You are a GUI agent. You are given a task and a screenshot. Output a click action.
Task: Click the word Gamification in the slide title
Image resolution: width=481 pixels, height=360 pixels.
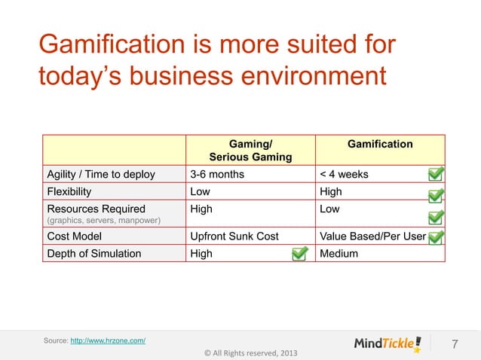(x=103, y=44)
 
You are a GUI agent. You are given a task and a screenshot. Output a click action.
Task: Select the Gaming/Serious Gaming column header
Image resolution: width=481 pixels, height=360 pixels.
(x=250, y=150)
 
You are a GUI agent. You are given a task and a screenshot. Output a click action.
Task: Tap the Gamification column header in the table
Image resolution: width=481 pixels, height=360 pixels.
(x=380, y=143)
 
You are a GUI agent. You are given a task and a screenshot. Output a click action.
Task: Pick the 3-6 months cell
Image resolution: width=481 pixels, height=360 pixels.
(x=217, y=175)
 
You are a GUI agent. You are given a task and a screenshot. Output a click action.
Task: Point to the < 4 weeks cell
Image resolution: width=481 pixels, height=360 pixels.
(x=345, y=175)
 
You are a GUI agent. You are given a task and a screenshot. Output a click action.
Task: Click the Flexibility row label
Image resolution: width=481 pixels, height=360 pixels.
(x=72, y=191)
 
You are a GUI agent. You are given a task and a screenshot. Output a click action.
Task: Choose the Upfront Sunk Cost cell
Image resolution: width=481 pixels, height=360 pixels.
(x=234, y=236)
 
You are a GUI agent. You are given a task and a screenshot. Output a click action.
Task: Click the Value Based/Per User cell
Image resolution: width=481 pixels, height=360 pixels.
(x=373, y=236)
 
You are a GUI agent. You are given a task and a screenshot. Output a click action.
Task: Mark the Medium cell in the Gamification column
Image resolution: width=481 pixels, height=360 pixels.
(x=339, y=253)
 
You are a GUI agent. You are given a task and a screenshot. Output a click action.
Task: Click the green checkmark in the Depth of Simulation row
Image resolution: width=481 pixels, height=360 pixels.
(x=299, y=253)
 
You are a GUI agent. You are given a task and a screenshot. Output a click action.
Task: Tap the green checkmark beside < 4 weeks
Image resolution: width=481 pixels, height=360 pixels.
(x=436, y=175)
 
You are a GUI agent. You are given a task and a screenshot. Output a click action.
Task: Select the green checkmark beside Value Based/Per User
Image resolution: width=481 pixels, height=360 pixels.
(x=436, y=238)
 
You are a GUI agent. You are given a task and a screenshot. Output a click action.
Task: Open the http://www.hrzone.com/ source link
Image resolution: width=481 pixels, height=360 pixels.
(x=108, y=342)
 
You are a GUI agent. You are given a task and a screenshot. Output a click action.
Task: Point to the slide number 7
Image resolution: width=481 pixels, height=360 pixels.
(x=455, y=345)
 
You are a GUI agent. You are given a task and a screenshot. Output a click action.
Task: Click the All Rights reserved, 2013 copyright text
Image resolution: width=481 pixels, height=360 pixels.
(x=245, y=353)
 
